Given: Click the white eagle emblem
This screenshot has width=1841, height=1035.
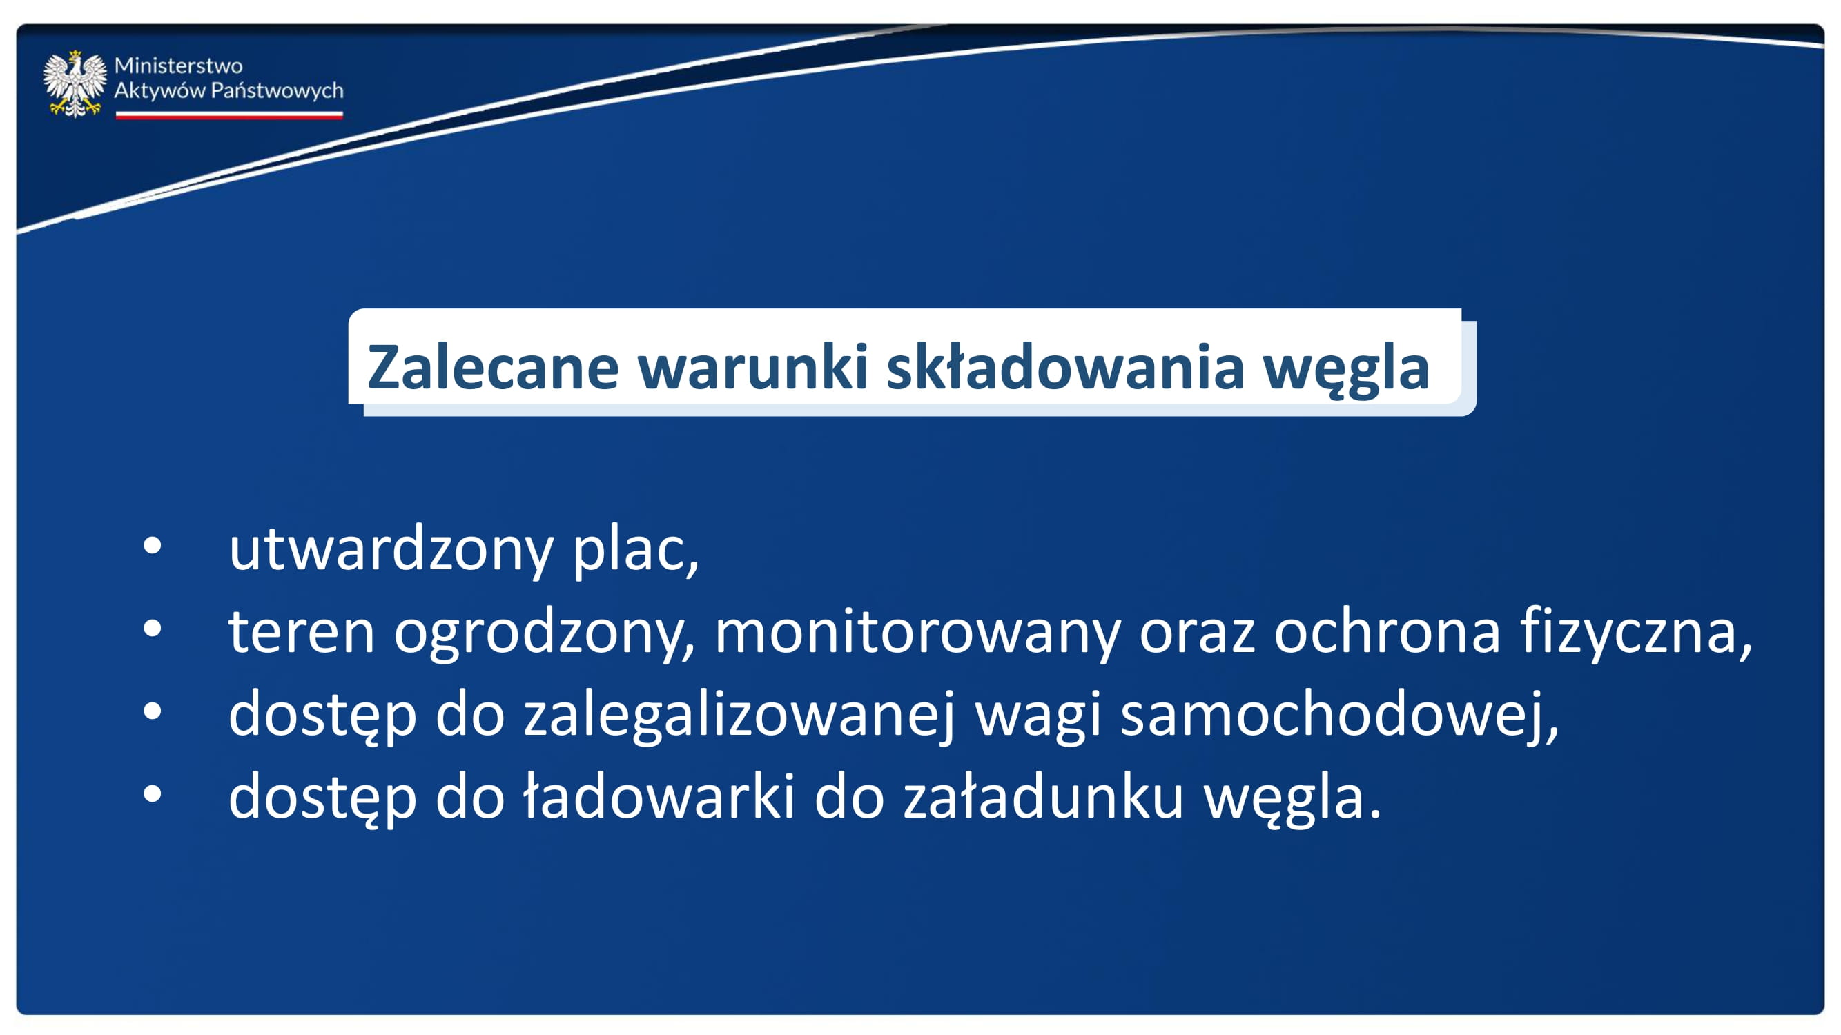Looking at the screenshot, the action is coord(75,83).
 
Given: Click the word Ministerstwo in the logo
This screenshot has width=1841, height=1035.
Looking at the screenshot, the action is coord(178,66).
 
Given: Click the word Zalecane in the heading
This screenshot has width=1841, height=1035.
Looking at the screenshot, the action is coord(492,367).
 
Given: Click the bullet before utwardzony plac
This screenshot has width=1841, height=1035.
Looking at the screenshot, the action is coord(153,546).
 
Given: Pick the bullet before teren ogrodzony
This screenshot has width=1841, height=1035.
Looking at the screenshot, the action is coord(153,629).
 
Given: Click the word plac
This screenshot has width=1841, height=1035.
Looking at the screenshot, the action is coord(635,549).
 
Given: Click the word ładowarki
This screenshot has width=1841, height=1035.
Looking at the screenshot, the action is coord(659,796).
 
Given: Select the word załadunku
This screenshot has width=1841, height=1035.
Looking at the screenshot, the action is coord(1044,796).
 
